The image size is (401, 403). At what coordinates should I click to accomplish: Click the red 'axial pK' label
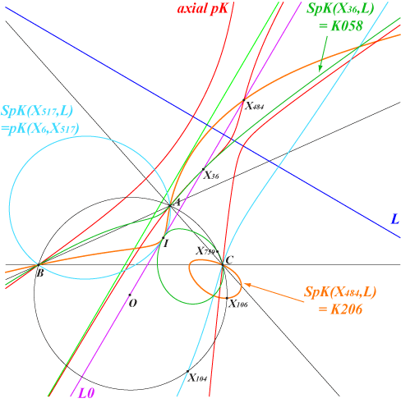202,8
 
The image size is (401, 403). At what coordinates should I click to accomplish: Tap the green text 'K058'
347,26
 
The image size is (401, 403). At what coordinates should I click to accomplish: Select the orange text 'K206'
347,309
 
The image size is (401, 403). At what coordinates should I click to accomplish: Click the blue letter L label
394,219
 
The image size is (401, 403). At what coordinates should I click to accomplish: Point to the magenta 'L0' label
87,393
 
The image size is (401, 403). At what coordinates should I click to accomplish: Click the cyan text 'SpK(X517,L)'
37,112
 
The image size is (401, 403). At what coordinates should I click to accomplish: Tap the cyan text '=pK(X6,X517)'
39,129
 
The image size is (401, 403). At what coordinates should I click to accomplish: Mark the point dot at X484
244,100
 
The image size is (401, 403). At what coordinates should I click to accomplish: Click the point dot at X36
203,169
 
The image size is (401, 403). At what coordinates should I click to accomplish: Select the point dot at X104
187,371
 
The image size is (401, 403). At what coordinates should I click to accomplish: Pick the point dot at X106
227,298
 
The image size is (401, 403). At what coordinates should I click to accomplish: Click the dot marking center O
130,295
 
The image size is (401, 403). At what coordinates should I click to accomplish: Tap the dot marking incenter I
164,238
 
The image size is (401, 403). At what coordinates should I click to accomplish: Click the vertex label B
40,273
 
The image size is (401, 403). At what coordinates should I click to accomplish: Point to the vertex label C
229,259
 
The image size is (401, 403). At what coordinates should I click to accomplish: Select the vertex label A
177,203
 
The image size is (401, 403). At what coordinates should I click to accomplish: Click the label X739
205,251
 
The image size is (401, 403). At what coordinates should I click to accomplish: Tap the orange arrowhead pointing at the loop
247,285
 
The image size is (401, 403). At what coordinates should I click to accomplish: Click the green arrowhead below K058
320,68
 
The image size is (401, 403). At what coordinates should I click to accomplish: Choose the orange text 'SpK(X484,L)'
340,292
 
